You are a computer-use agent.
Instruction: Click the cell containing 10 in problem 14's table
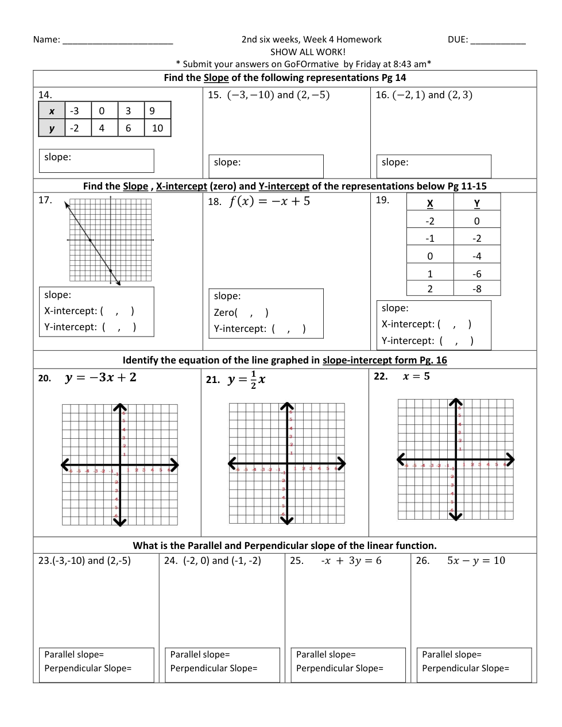point(157,128)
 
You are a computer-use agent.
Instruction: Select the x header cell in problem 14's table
point(52,111)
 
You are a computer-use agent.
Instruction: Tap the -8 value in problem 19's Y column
point(476,289)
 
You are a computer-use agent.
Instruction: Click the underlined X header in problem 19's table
point(430,203)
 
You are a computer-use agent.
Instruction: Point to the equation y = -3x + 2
point(100,377)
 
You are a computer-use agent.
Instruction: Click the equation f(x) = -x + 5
point(269,201)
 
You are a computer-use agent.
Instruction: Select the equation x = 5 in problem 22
point(416,376)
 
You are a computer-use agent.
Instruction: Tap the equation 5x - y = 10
point(476,560)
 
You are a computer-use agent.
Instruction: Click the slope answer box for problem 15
point(266,166)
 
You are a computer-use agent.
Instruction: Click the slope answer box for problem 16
point(433,166)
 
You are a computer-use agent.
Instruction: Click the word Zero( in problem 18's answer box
point(226,312)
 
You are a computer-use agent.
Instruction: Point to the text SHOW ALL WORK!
point(308,52)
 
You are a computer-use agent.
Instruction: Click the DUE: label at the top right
point(458,40)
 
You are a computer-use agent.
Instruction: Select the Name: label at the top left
point(46,40)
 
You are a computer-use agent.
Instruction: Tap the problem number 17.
point(45,200)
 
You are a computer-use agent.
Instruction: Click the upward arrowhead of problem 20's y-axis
point(119,407)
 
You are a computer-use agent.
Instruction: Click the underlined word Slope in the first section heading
point(216,78)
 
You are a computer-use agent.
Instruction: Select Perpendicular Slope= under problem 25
point(339,668)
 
